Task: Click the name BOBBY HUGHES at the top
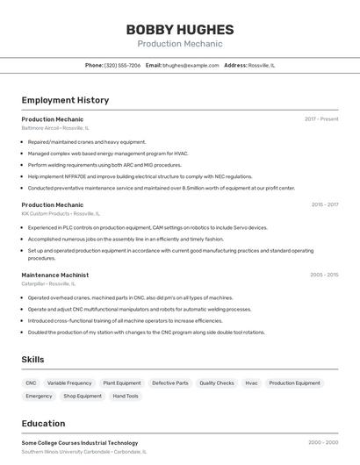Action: [x=179, y=29]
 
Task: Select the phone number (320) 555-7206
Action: [x=122, y=65]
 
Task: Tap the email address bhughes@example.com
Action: [x=191, y=65]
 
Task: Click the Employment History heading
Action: [x=65, y=100]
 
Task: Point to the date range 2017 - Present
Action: [x=321, y=118]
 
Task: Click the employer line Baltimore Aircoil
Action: [x=55, y=128]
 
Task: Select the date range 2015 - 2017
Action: [x=324, y=204]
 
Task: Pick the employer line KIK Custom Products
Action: [x=61, y=213]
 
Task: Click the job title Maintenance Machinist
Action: [x=54, y=275]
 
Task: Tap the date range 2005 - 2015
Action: [x=324, y=275]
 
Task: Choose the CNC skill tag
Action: [x=31, y=383]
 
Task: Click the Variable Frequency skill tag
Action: [x=69, y=383]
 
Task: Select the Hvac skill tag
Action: [x=251, y=383]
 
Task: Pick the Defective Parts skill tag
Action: [x=169, y=383]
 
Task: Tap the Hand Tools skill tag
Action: [x=126, y=396]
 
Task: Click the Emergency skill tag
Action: [x=39, y=396]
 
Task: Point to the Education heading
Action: [x=43, y=423]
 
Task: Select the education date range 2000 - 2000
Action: [x=323, y=443]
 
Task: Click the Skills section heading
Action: [x=32, y=360]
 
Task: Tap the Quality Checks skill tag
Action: [x=216, y=383]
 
